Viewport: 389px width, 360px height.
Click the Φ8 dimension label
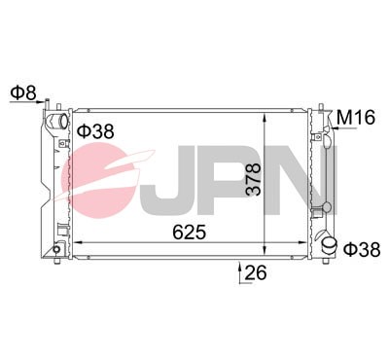[22, 93]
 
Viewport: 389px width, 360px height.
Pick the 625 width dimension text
[192, 232]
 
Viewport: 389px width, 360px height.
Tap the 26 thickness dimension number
[256, 273]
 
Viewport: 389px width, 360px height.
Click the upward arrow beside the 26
[239, 267]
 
